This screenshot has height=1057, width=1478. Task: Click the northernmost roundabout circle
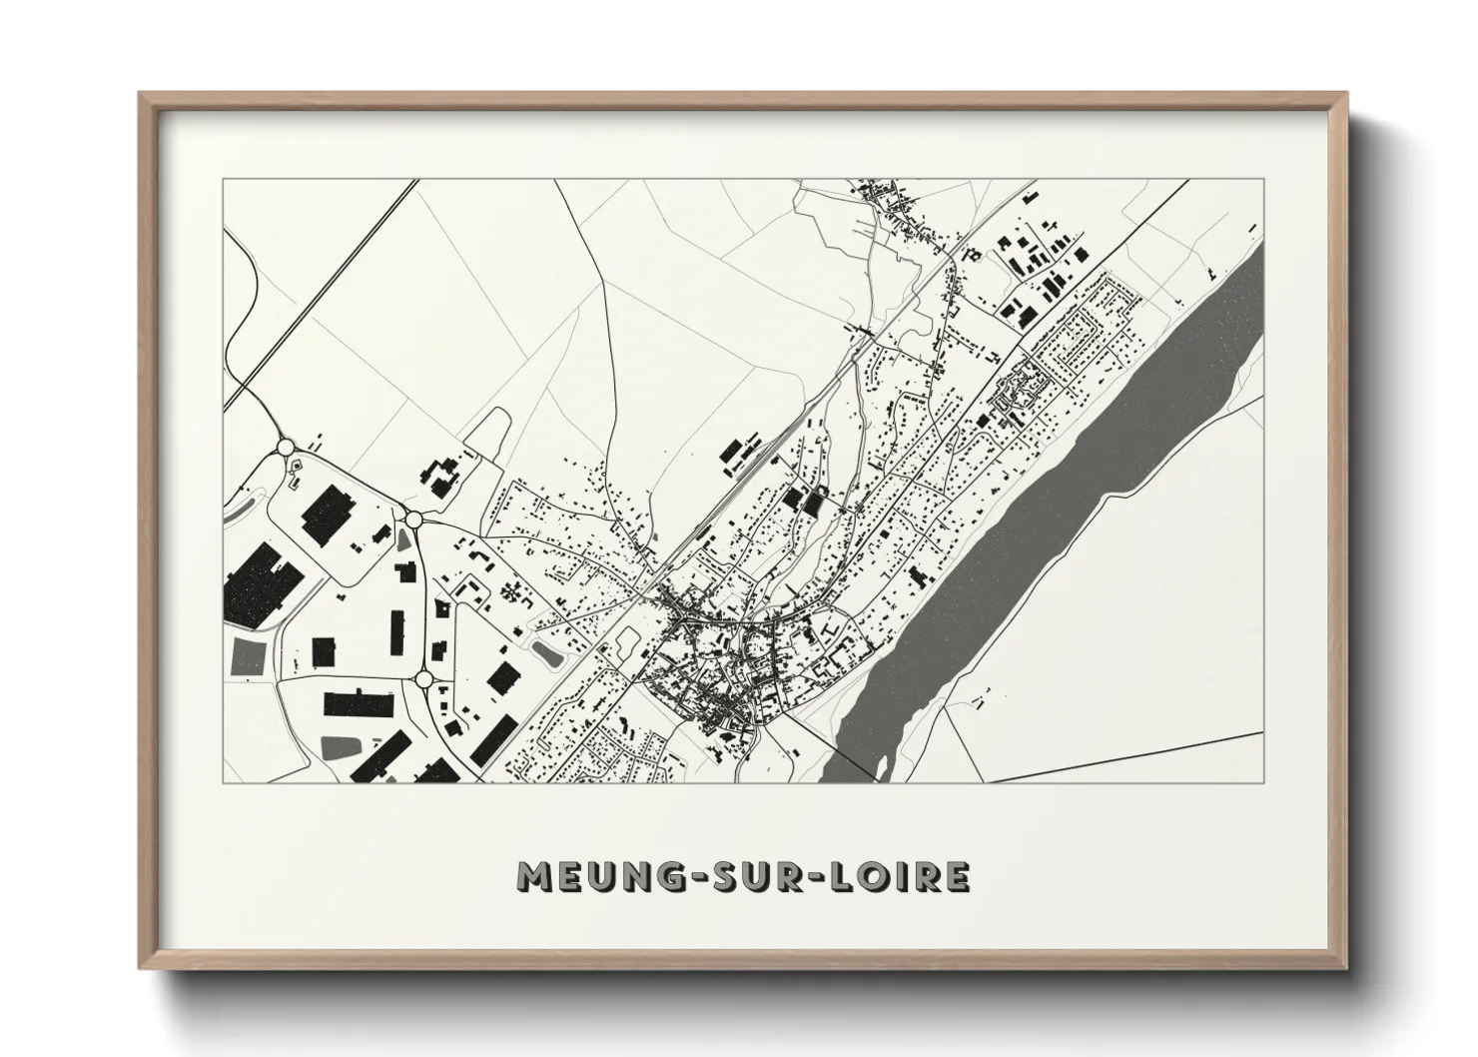286,447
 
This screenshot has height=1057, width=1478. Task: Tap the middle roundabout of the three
412,519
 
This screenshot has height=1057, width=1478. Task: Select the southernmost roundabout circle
423,680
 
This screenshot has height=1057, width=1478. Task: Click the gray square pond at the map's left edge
249,656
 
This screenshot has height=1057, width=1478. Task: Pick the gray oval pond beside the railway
546,654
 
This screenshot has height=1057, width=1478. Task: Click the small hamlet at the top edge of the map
889,205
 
